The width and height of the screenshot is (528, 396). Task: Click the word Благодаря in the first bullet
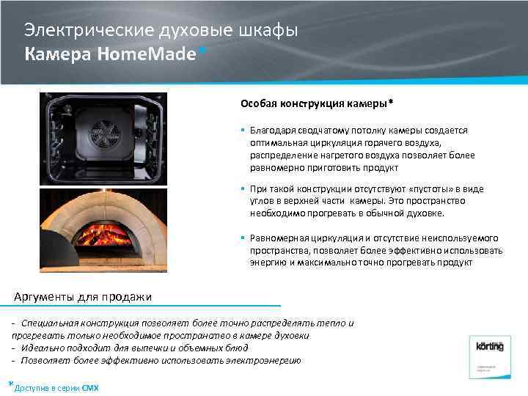tap(271, 130)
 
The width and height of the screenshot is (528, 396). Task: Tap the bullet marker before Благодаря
tap(243, 130)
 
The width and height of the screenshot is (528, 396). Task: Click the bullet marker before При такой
tap(243, 188)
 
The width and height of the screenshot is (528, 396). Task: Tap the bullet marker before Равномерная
tap(243, 238)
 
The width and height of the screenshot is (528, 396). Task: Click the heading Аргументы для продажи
tap(84, 297)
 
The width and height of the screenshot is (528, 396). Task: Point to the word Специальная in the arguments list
tap(53, 323)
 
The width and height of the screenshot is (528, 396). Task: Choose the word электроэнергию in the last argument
tap(265, 360)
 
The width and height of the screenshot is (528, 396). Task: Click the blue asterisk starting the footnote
tap(10, 384)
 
